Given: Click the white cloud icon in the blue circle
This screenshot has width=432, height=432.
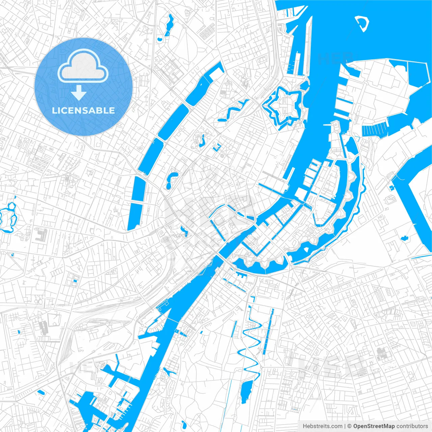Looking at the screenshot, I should tap(83, 66).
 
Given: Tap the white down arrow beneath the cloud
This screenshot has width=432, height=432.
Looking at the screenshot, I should tap(79, 93).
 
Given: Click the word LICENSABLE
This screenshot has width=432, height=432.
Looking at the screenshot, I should tap(83, 110).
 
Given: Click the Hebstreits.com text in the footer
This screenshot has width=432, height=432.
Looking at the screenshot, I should tap(322, 426).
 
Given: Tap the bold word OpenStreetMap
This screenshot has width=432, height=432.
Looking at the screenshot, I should tap(374, 426).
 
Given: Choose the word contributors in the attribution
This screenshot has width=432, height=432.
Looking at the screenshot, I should tap(412, 426).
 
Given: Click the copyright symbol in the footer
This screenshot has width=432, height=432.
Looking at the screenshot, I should tap(349, 426).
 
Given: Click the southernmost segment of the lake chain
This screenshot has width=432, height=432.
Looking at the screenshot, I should tap(135, 216).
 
